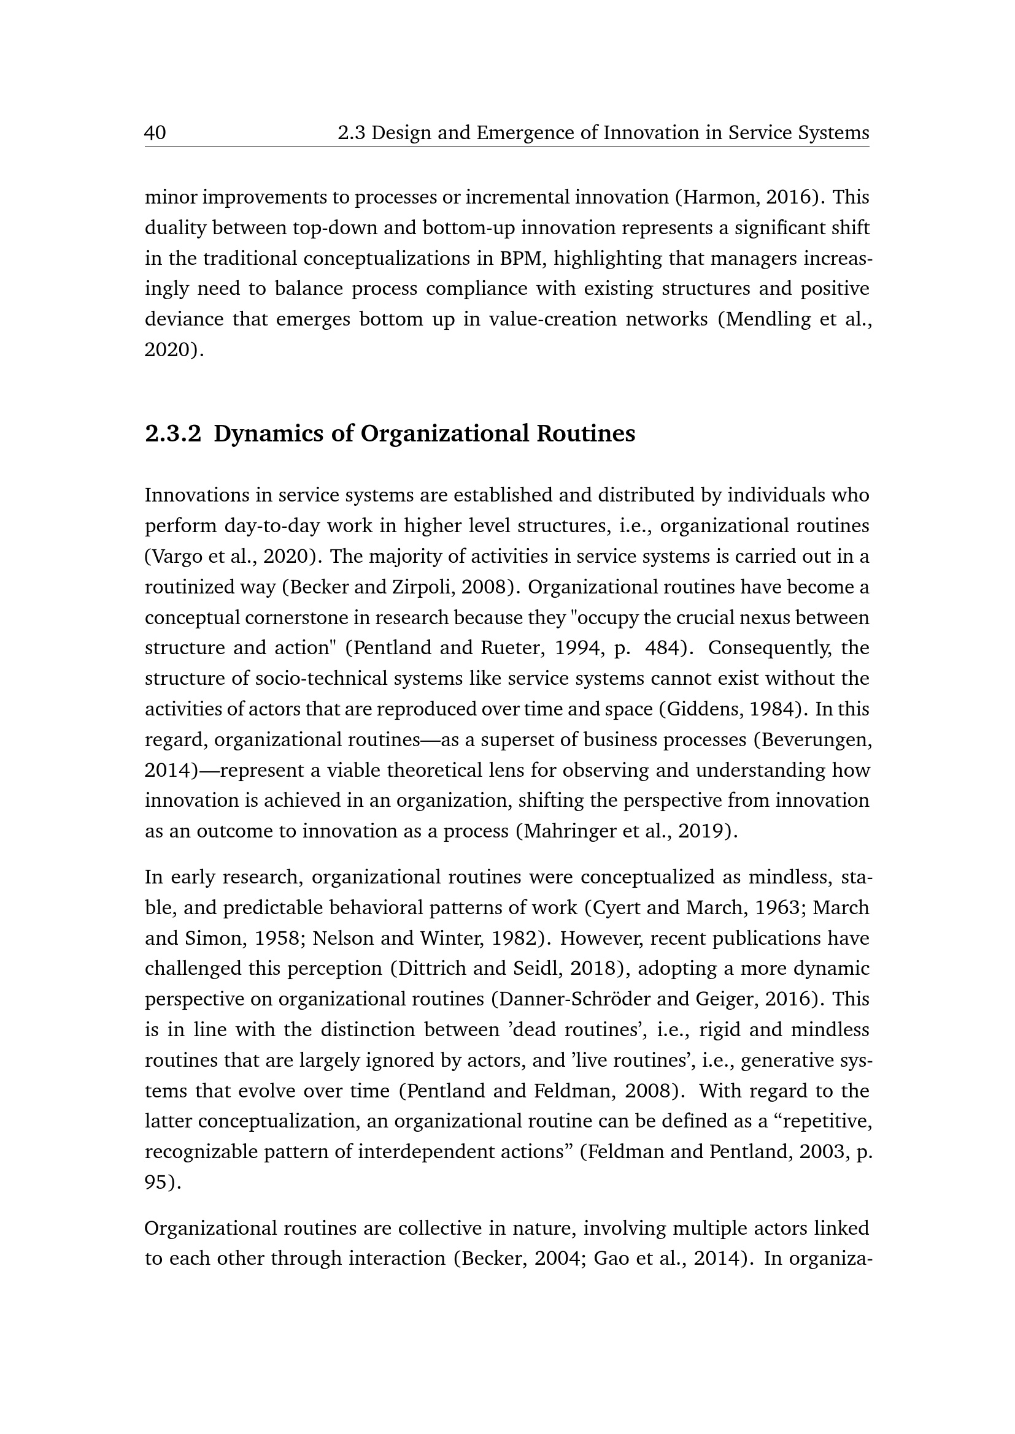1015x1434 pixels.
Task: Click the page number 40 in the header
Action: click(x=156, y=133)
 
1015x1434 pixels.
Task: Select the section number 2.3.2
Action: click(x=173, y=433)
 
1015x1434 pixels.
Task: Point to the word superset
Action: click(x=531, y=739)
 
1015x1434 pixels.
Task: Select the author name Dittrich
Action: click(x=433, y=969)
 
